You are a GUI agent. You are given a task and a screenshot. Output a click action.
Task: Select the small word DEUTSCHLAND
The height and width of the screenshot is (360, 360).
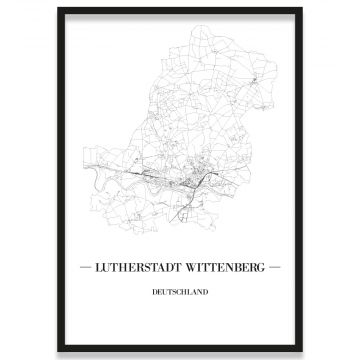[x=180, y=293]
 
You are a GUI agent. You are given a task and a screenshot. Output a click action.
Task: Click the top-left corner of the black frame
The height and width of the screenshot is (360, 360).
[x=58, y=9]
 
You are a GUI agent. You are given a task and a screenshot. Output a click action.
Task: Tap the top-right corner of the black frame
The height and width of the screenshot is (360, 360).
[x=302, y=9]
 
